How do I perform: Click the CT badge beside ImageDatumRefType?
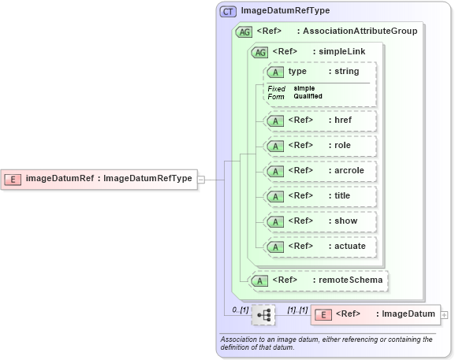point(228,11)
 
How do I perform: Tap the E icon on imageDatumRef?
point(13,179)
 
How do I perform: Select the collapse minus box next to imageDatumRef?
point(201,179)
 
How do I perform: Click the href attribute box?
point(320,121)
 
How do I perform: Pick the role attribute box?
point(320,146)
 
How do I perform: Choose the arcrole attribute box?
point(320,171)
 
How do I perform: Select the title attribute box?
point(320,196)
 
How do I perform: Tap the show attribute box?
point(320,221)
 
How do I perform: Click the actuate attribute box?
point(320,247)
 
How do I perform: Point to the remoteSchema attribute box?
point(319,280)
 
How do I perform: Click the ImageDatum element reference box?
point(375,315)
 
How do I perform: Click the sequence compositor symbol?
point(263,315)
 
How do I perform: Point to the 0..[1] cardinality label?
point(240,310)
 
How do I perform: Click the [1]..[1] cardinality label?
point(296,310)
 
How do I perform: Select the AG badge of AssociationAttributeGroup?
point(244,32)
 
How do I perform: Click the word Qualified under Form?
point(308,96)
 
